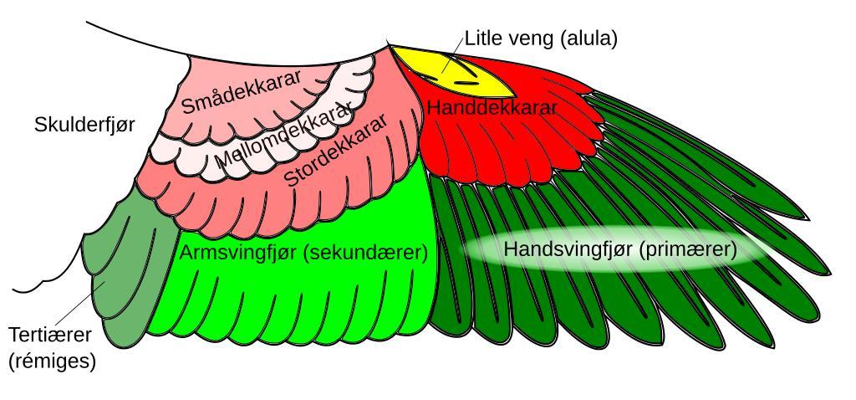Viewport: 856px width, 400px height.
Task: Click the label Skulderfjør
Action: click(x=84, y=125)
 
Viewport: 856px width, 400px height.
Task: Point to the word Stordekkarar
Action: click(x=336, y=151)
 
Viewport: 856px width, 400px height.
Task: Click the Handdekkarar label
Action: click(x=492, y=108)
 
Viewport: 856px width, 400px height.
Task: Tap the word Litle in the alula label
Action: click(x=482, y=38)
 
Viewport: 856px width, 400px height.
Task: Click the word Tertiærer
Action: click(x=51, y=335)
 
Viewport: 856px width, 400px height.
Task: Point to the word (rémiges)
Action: click(x=51, y=361)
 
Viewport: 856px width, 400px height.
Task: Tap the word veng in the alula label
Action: click(x=528, y=38)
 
